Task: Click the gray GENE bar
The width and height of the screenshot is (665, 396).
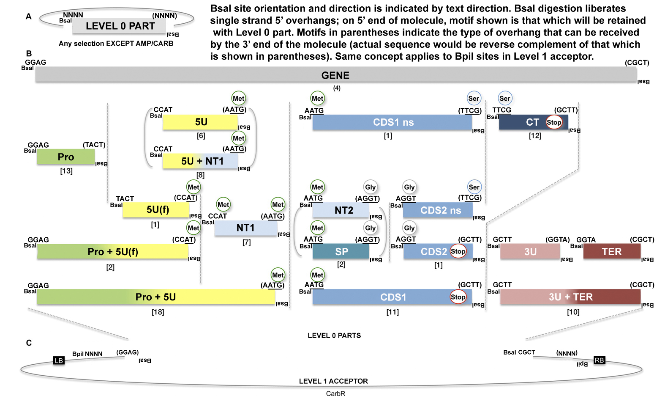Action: [x=335, y=75]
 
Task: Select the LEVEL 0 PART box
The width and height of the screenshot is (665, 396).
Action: [x=120, y=26]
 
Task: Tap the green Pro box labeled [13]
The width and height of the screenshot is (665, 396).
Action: [x=66, y=157]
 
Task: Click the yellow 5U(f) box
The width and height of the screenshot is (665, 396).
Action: [x=156, y=209]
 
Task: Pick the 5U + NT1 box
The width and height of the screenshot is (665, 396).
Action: [x=201, y=161]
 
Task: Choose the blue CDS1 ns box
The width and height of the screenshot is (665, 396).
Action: [x=392, y=122]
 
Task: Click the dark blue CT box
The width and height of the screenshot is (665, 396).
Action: [x=524, y=122]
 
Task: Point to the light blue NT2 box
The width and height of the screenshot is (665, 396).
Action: [x=341, y=210]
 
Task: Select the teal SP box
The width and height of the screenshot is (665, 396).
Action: [x=341, y=252]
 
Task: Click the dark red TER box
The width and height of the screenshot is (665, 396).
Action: [x=611, y=252]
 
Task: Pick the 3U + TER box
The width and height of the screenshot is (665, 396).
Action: [x=570, y=297]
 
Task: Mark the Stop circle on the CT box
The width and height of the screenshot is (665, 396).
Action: [x=554, y=122]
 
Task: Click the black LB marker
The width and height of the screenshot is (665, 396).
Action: [x=59, y=360]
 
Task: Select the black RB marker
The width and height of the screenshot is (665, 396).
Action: [x=599, y=360]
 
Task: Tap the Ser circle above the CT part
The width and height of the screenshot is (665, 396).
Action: [x=505, y=99]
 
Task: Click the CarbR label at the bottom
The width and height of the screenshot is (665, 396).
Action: [x=335, y=393]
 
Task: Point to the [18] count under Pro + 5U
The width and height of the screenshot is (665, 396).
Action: [x=158, y=312]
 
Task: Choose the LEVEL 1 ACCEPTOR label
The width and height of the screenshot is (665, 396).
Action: [x=333, y=381]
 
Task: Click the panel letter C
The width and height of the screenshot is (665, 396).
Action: [x=29, y=343]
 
